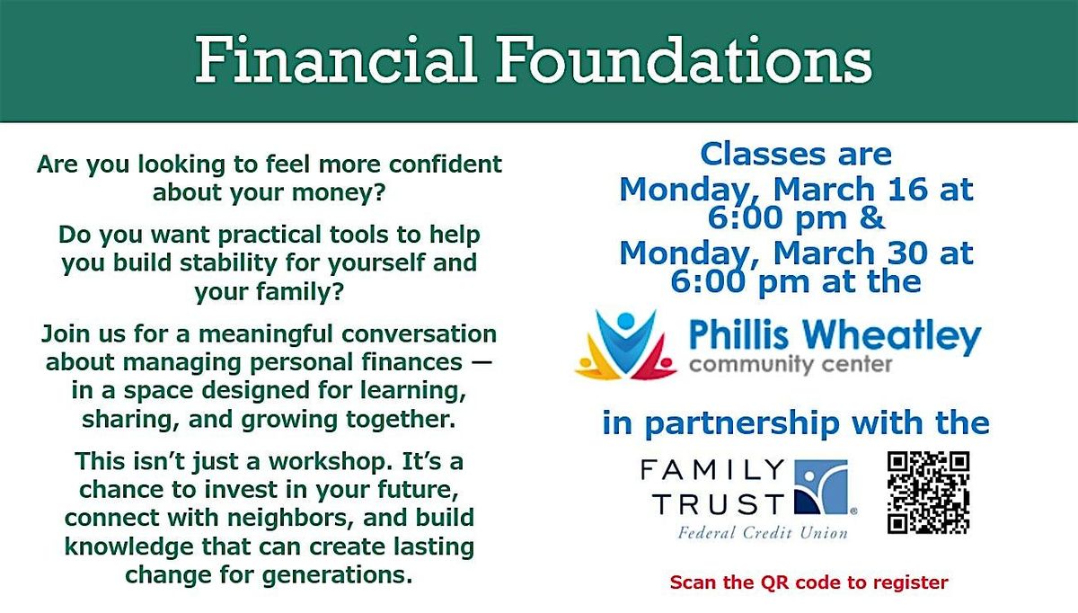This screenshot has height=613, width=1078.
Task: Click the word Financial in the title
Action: (335, 59)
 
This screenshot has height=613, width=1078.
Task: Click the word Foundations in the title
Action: (685, 59)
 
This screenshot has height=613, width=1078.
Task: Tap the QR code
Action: (928, 493)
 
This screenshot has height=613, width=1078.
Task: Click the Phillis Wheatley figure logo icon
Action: (625, 344)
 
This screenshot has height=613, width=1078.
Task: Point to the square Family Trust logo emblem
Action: (821, 487)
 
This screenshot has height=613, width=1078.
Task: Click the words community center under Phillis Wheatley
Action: (791, 365)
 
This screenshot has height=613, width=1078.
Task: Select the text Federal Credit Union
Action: (763, 533)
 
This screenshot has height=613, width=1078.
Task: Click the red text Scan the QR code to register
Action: (808, 582)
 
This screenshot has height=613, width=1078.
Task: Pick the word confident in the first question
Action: (446, 164)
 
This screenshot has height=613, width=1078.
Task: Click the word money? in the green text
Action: (339, 193)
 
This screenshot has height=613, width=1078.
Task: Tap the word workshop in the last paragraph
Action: (327, 462)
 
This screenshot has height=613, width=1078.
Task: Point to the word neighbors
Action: (291, 518)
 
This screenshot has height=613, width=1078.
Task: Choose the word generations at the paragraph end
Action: (337, 575)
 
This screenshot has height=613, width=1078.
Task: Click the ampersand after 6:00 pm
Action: (872, 218)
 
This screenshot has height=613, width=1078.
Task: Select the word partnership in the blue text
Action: (741, 424)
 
